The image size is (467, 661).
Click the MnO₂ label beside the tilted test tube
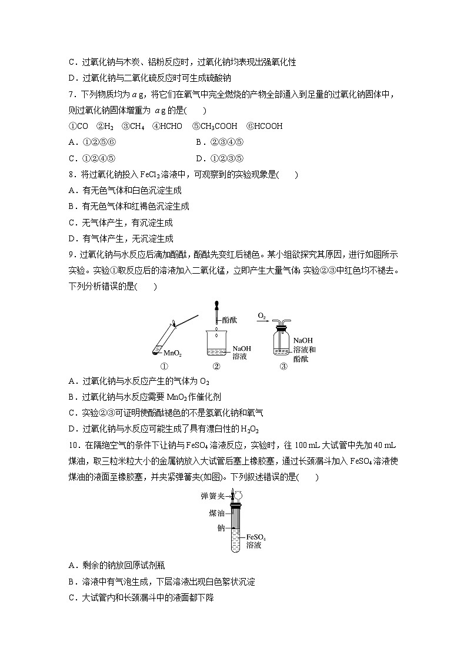click(x=172, y=354)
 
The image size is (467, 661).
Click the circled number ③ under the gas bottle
click(x=283, y=366)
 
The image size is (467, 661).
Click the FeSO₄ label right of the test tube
click(x=256, y=537)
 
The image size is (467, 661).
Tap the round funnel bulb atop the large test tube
click(x=239, y=493)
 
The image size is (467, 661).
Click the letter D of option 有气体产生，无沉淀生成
click(x=72, y=238)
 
